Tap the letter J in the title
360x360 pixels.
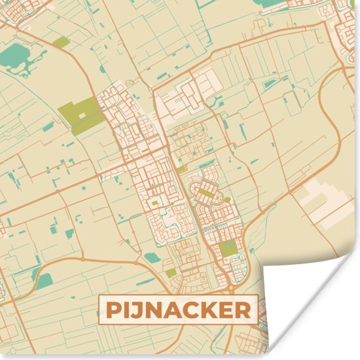pos(134,310)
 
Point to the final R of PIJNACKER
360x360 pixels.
pos(242,310)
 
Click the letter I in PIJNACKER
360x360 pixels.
pos(124,310)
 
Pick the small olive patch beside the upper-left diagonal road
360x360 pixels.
pos(62,43)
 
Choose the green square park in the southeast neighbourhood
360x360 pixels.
pos(228,248)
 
